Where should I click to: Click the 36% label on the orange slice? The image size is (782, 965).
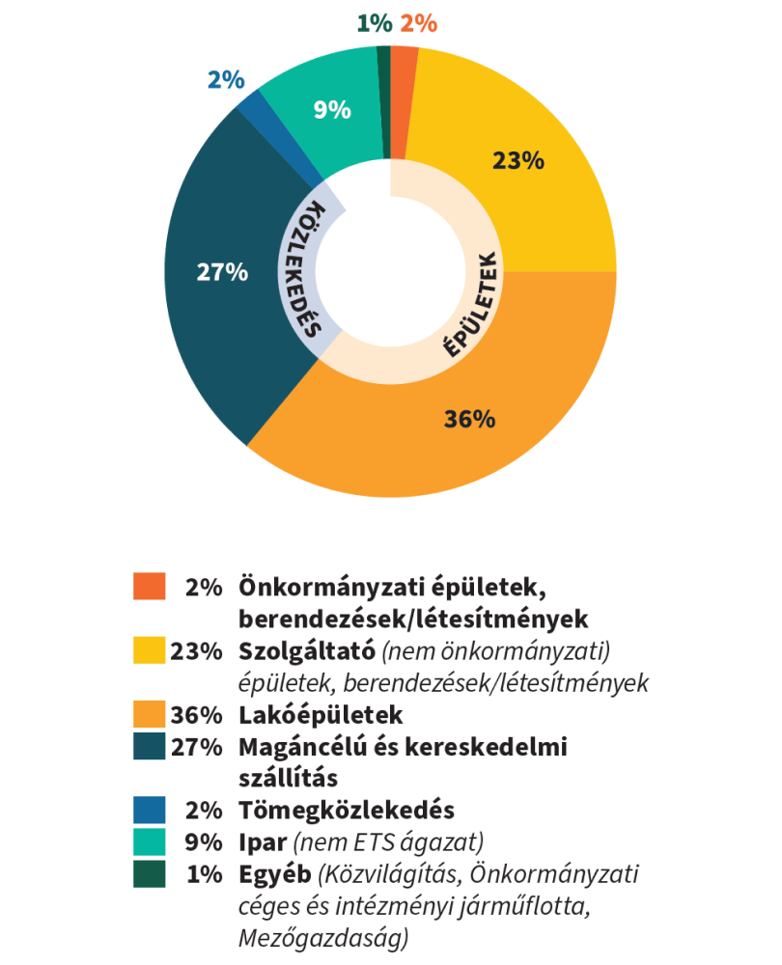pos(470,419)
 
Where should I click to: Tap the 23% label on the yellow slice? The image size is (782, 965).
pos(518,160)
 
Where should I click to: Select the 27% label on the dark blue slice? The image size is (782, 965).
pos(222,272)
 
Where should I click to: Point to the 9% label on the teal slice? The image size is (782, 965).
pos(332,110)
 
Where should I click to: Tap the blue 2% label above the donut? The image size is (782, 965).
pos(226,79)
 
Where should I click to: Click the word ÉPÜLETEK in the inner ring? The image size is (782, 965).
pos(473,306)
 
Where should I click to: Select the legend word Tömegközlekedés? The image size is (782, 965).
pos(347,810)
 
